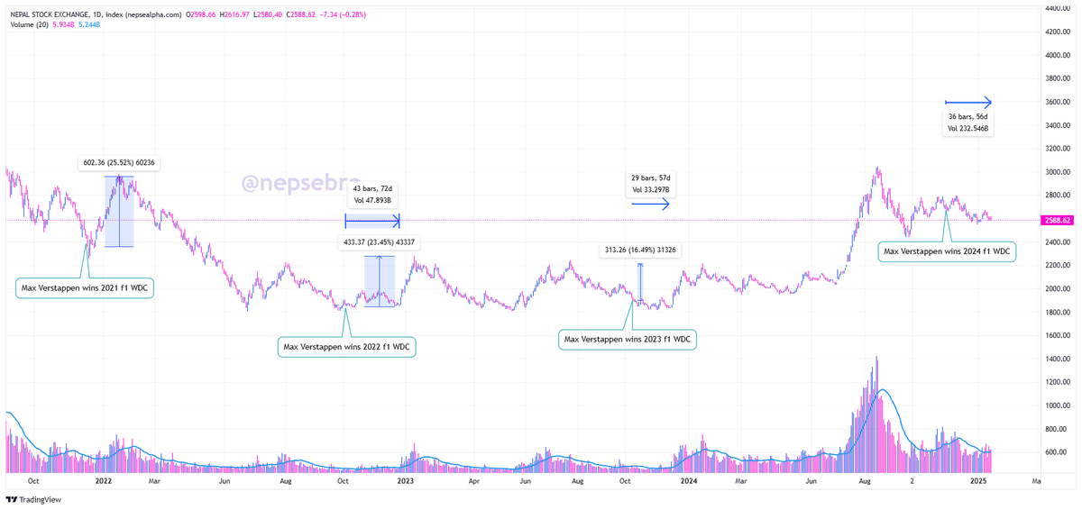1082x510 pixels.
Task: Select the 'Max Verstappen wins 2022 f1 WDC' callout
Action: (x=346, y=346)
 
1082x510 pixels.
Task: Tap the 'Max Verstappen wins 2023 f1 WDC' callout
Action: (x=628, y=340)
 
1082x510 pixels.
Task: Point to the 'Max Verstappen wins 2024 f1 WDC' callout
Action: (x=947, y=251)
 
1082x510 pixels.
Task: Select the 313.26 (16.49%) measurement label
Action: (x=641, y=250)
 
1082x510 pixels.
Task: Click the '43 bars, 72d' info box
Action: (x=372, y=194)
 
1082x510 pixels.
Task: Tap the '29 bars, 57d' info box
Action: (x=650, y=183)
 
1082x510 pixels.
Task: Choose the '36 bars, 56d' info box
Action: (x=968, y=123)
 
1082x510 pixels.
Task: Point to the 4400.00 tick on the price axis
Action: (x=1056, y=8)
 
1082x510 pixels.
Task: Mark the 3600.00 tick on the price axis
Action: (x=1056, y=102)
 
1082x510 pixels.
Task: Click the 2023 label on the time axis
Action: (x=406, y=482)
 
